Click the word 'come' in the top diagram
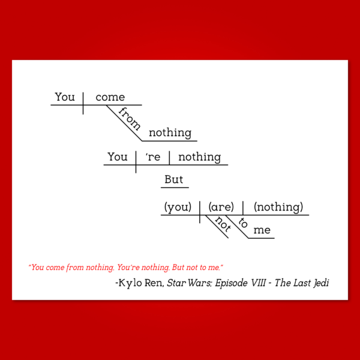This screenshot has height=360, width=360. [x=110, y=97]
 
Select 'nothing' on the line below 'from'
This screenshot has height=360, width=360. [x=170, y=133]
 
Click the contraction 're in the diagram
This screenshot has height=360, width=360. [x=153, y=157]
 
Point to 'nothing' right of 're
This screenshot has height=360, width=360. [x=200, y=157]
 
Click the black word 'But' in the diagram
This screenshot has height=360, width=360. [x=174, y=180]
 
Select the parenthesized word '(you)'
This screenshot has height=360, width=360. [x=178, y=208]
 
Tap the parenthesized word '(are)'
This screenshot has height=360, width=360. [x=221, y=208]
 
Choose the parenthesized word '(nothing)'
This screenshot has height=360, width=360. [x=278, y=208]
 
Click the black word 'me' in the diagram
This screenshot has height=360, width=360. [x=262, y=230]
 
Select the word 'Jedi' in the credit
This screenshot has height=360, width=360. [x=320, y=283]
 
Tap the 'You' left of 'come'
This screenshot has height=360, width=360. [x=65, y=97]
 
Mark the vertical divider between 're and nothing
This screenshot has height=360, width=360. [x=169, y=158]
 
